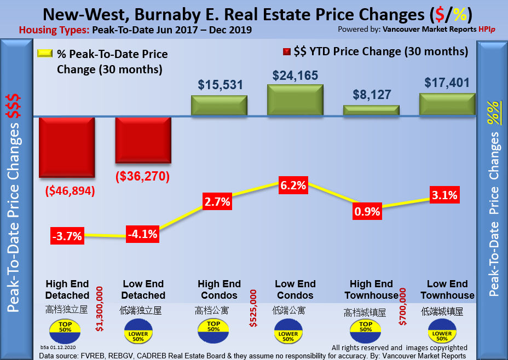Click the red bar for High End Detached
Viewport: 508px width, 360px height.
tap(67, 147)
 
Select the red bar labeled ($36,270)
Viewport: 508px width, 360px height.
tap(143, 140)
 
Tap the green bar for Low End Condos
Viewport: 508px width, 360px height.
tap(295, 100)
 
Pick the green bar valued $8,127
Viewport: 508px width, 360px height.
tap(371, 110)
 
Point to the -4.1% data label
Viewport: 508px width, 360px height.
tap(143, 234)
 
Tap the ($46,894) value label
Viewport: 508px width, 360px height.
tap(70, 191)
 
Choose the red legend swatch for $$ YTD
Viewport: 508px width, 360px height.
tap(286, 52)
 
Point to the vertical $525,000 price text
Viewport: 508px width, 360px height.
tap(253, 308)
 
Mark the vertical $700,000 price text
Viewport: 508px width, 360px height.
tap(403, 308)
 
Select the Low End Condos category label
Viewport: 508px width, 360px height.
tap(295, 289)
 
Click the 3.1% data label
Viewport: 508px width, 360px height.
tap(443, 195)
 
